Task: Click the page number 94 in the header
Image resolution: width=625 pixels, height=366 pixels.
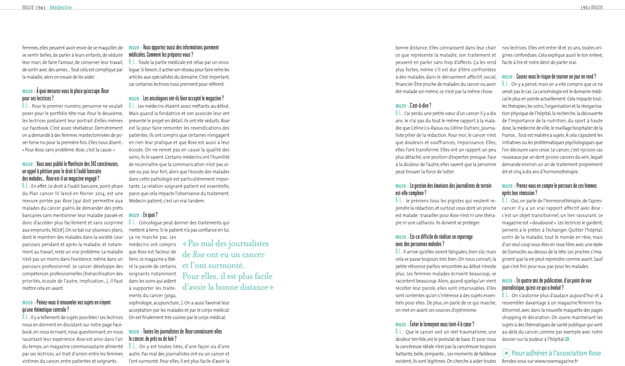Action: coord(41,8)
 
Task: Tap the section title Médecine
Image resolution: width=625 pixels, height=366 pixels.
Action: coord(61,8)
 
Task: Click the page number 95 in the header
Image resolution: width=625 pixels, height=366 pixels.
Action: coord(585,8)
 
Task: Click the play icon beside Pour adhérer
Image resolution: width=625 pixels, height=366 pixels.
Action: coord(506,353)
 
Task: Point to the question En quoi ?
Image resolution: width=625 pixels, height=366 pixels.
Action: coord(150,215)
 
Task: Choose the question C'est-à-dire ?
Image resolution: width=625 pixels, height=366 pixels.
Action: coord(420,106)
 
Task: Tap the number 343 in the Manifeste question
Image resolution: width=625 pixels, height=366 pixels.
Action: coord(93,164)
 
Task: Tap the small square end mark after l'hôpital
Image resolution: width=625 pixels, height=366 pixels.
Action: coord(567,339)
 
